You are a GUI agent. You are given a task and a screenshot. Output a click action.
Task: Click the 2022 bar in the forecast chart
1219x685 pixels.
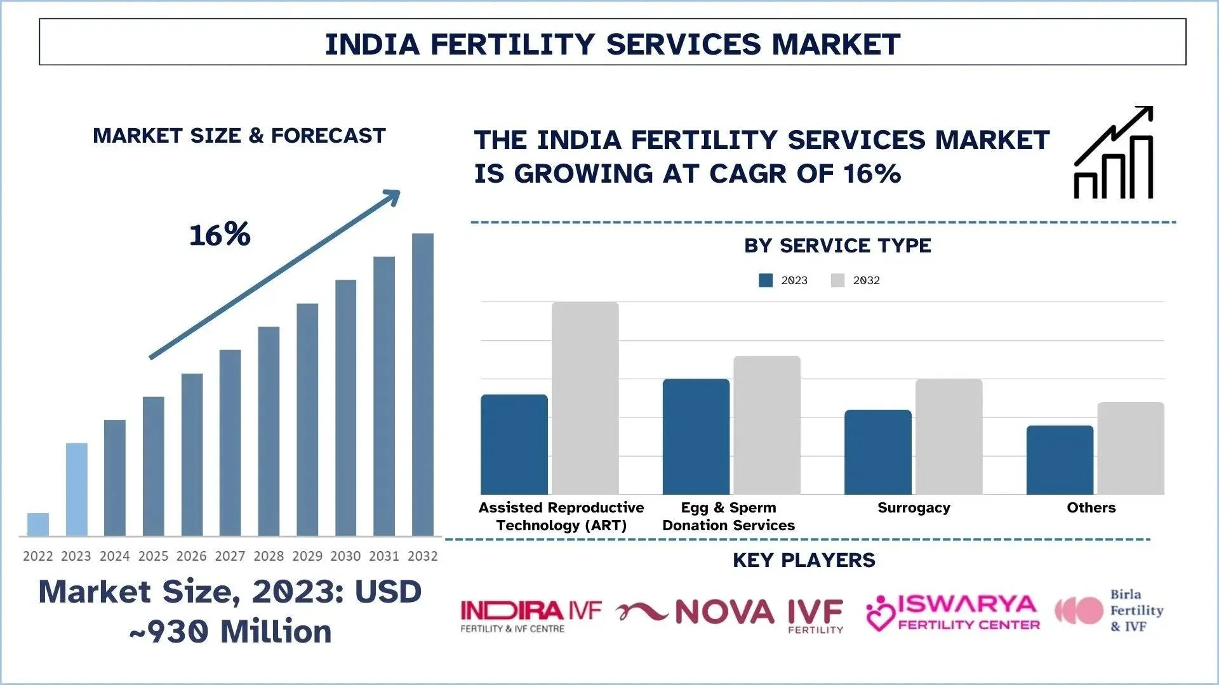click(x=38, y=525)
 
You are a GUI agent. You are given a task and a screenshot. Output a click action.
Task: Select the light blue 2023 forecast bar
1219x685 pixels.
click(x=77, y=489)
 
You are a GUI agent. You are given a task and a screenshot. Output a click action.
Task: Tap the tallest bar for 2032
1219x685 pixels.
click(x=423, y=384)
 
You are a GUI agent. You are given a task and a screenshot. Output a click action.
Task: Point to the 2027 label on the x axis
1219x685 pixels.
click(x=230, y=556)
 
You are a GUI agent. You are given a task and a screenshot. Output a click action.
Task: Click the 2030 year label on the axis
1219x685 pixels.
click(x=345, y=556)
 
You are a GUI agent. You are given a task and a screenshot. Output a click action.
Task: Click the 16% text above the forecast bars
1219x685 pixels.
click(x=220, y=235)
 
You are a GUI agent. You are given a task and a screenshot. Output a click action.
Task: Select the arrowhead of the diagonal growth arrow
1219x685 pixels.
click(x=392, y=197)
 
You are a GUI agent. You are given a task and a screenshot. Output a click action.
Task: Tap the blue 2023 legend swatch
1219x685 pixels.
click(x=766, y=280)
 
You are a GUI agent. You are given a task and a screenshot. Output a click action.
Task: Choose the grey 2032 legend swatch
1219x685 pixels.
click(x=837, y=280)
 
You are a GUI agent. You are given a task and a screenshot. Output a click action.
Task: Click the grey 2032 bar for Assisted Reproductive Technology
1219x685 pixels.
click(x=585, y=398)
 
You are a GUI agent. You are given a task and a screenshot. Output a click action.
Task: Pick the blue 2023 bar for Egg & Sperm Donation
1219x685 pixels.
click(x=696, y=436)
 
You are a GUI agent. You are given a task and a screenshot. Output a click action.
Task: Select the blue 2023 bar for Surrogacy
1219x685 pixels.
click(x=877, y=452)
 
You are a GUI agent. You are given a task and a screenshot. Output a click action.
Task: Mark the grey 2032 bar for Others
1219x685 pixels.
click(x=1131, y=448)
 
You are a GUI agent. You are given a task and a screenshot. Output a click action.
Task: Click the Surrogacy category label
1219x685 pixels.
click(x=914, y=507)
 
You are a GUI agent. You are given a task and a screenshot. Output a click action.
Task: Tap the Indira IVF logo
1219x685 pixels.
click(x=531, y=616)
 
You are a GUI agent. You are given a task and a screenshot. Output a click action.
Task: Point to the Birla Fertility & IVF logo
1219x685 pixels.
click(x=1109, y=610)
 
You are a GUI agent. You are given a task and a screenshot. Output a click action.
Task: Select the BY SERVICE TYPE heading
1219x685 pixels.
click(x=837, y=245)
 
